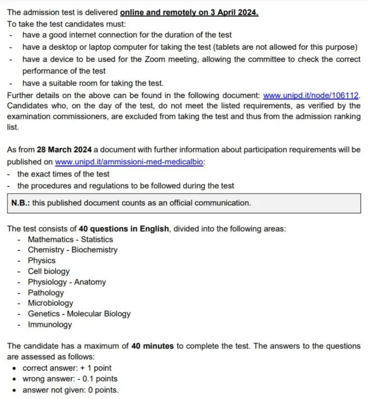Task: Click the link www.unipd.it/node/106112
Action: pyautogui.click(x=311, y=96)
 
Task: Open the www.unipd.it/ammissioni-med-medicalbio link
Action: pyautogui.click(x=130, y=162)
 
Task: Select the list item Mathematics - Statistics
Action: pyautogui.click(x=70, y=239)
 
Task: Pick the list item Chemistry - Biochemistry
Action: pyautogui.click(x=72, y=250)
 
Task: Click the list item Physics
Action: pyautogui.click(x=42, y=261)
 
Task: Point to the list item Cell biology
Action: pyautogui.click(x=48, y=271)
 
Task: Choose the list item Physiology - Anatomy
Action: pyautogui.click(x=67, y=282)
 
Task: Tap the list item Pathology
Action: pyautogui.click(x=46, y=292)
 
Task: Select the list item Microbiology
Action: pyautogui.click(x=50, y=303)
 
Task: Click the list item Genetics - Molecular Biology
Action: pyautogui.click(x=79, y=314)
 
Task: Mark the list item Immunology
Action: pyautogui.click(x=50, y=325)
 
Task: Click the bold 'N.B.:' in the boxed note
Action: pyautogui.click(x=20, y=203)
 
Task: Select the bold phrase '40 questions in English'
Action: pyautogui.click(x=124, y=229)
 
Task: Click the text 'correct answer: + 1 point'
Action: pyautogui.click(x=67, y=368)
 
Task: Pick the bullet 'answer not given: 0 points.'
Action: pyautogui.click(x=70, y=390)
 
